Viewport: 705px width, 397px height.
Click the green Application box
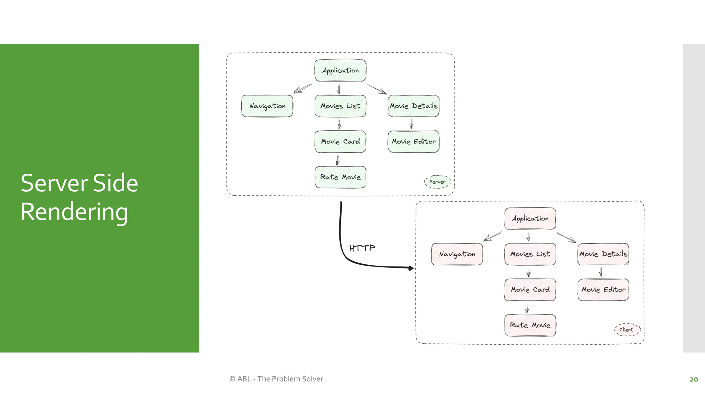(x=340, y=71)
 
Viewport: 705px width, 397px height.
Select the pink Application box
(x=530, y=218)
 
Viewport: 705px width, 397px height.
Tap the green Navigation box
(x=267, y=106)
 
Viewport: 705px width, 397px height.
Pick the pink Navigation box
(x=457, y=254)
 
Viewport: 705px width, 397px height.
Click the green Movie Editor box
(x=413, y=142)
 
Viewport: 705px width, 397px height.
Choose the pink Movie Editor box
(x=603, y=290)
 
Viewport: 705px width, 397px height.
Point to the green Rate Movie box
(x=340, y=177)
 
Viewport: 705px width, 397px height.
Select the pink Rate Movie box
(x=530, y=325)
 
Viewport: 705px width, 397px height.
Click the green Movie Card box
(x=340, y=142)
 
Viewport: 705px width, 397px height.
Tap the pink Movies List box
(x=530, y=254)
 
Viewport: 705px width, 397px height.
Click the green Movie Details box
(x=413, y=106)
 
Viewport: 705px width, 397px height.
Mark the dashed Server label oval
(x=437, y=182)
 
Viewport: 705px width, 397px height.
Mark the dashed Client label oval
(x=627, y=330)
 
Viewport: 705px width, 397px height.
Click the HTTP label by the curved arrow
(x=362, y=248)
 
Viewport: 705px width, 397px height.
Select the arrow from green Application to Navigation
(x=303, y=88)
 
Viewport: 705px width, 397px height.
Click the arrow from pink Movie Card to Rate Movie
(x=527, y=308)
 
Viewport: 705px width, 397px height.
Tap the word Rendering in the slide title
(x=74, y=212)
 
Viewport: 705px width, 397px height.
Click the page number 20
(x=693, y=379)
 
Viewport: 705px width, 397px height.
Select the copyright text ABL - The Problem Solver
(x=276, y=379)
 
